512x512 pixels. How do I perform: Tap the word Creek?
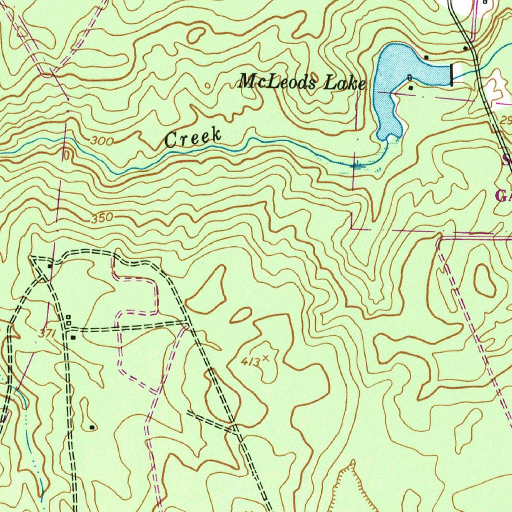pyautogui.click(x=193, y=137)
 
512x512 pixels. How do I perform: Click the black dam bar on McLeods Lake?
pyautogui.click(x=452, y=74)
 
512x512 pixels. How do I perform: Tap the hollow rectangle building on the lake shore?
pyautogui.click(x=410, y=77)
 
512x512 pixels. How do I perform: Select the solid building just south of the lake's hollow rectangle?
pyautogui.click(x=411, y=87)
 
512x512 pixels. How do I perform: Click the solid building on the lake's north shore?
pyautogui.click(x=426, y=57)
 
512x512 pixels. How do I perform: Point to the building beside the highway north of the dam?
pyautogui.click(x=465, y=48)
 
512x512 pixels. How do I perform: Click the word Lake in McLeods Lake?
pyautogui.click(x=344, y=83)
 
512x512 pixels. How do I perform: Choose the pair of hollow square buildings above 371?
pyautogui.click(x=68, y=320)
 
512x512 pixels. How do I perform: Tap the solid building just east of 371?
pyautogui.click(x=73, y=337)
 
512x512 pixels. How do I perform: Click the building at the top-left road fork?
pyautogui.click(x=50, y=266)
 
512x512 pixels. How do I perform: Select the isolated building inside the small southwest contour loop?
pyautogui.click(x=91, y=427)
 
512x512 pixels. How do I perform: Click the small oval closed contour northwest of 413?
pyautogui.click(x=240, y=315)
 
